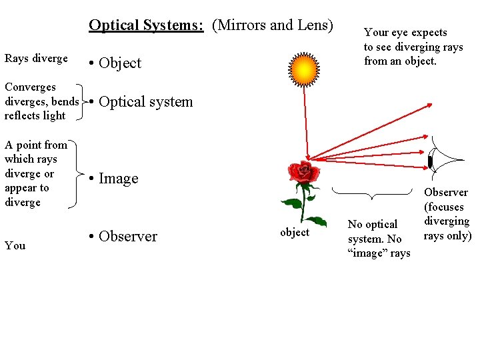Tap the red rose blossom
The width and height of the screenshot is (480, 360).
coord(303,172)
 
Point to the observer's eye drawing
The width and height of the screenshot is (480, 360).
coord(443,159)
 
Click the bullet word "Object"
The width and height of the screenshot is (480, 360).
coord(120,63)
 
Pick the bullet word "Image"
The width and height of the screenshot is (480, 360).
coord(118,179)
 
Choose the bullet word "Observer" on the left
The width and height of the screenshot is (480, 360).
coord(127,237)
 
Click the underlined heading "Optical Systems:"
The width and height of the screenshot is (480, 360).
coord(146,25)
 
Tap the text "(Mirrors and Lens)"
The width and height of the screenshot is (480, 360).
coord(272,25)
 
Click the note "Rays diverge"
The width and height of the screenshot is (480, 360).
coord(36,59)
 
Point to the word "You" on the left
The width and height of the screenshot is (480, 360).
coord(15,245)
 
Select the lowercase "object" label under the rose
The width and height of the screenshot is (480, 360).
coord(295,232)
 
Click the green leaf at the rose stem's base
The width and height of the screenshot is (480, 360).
coord(314,221)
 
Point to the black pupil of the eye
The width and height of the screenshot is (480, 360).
coord(431,160)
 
